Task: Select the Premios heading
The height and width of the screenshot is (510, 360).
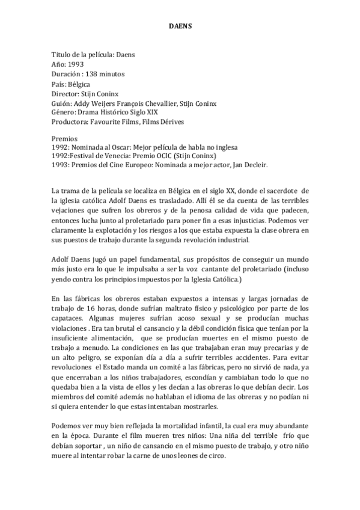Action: [64, 138]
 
